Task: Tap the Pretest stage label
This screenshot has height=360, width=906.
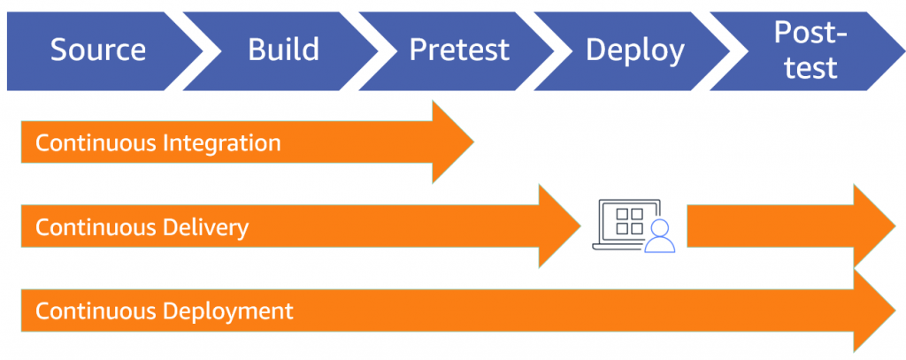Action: point(459,50)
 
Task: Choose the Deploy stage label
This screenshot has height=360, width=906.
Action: point(634,50)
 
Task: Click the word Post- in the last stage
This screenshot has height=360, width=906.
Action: point(810,34)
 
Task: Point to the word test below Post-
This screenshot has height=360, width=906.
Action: point(810,67)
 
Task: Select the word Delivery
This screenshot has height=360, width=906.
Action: point(206,228)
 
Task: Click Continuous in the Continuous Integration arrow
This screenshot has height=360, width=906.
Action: point(94,143)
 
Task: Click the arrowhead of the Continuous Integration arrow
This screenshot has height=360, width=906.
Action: point(452,142)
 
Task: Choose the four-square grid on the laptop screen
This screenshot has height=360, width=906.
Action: point(629,220)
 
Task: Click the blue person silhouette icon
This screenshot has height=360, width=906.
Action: point(659,237)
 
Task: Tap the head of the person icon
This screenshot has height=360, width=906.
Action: point(659,229)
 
